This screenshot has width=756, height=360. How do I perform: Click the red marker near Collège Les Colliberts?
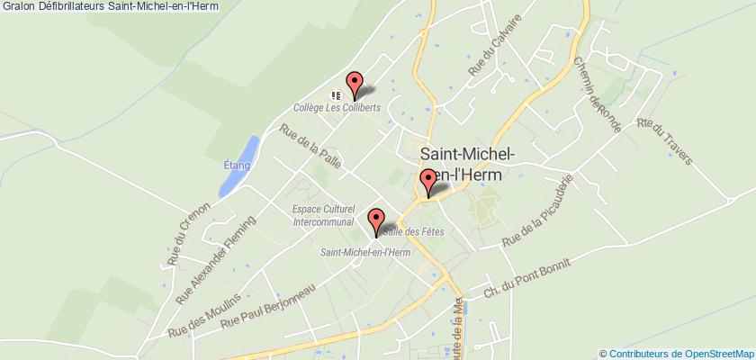tap(355, 84)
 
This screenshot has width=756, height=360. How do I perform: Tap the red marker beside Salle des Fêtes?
tap(376, 220)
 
